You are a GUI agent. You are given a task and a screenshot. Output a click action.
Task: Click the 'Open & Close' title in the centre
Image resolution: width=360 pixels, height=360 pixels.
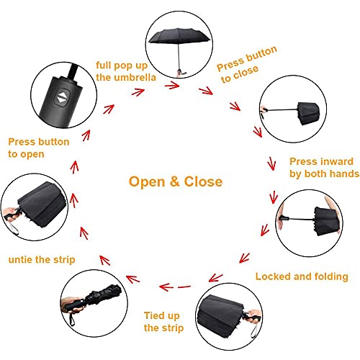(176, 181)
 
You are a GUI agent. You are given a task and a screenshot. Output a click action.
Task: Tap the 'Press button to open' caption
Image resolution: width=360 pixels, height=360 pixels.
(39, 148)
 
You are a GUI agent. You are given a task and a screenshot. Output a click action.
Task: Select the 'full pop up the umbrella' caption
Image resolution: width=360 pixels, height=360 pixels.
(126, 71)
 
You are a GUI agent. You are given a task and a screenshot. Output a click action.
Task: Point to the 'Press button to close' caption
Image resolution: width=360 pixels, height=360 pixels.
(247, 64)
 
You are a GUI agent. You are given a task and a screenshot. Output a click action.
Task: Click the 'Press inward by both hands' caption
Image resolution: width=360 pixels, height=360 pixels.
(324, 168)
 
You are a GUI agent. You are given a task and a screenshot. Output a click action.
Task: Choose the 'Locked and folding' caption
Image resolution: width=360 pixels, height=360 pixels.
(302, 276)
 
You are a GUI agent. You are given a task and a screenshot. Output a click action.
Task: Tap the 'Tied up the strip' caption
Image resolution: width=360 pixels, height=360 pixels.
(164, 322)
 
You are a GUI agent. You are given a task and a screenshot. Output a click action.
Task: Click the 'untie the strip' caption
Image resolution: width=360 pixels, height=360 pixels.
(42, 259)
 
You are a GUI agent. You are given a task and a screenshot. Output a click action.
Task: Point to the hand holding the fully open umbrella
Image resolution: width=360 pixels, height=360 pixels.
(179, 73)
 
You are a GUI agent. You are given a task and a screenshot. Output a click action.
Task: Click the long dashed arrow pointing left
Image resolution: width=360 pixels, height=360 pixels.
(175, 287)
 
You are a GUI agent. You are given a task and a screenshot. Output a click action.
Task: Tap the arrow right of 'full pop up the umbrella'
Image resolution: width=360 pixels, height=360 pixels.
(172, 85)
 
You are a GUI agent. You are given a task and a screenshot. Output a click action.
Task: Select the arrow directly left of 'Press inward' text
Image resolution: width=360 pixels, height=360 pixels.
(271, 163)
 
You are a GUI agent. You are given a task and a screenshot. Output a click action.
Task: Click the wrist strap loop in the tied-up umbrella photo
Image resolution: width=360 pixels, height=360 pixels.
(71, 320)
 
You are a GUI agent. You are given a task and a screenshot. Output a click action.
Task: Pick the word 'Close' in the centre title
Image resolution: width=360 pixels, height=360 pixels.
(203, 181)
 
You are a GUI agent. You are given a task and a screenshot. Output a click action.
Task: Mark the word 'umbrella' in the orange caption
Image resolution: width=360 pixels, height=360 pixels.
(135, 78)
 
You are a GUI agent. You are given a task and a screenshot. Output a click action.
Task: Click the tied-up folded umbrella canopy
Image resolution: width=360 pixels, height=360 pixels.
(103, 296)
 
